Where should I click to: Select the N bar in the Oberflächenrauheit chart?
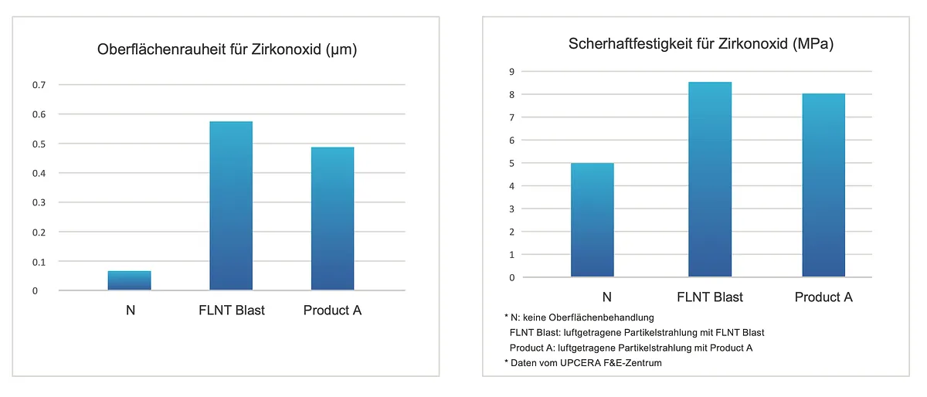pos(129,280)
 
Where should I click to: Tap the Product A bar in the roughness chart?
pos(332,219)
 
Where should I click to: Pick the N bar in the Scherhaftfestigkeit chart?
pos(592,220)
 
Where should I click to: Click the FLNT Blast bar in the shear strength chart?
pos(710,179)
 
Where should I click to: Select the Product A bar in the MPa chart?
pos(823,185)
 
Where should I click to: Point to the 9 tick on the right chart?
pos(511,72)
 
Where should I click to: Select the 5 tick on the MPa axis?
pos(511,163)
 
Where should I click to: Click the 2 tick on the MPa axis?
pos(511,232)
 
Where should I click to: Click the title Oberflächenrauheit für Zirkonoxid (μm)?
pos(226,50)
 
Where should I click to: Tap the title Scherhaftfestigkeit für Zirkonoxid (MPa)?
pos(701,44)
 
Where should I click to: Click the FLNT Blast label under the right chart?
pos(710,297)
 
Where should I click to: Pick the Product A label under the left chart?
pos(332,310)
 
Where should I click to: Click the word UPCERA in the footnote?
pos(580,363)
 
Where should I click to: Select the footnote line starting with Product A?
pos(631,348)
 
